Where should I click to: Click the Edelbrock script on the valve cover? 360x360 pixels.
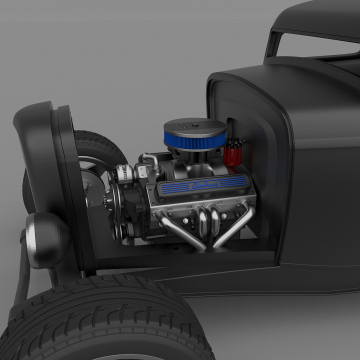[x=205, y=185]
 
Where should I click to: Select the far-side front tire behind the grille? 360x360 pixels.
[x=100, y=145]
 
